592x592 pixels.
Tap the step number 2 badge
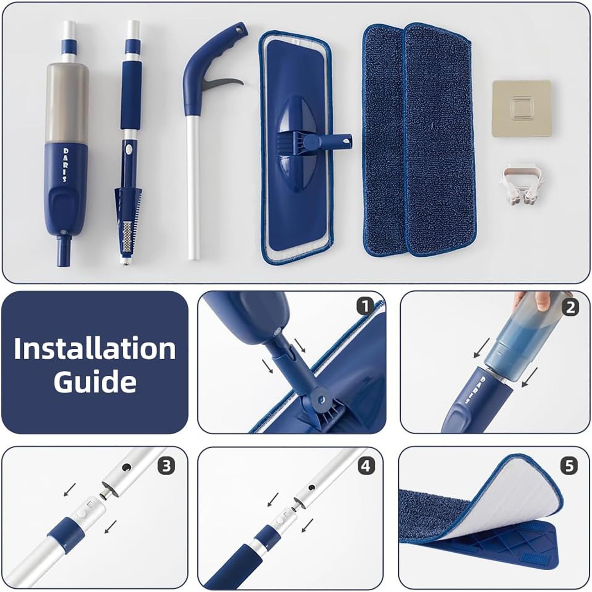pos(569,307)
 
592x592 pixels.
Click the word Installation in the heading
pos(95,349)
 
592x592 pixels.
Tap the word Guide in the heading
pos(95,381)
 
